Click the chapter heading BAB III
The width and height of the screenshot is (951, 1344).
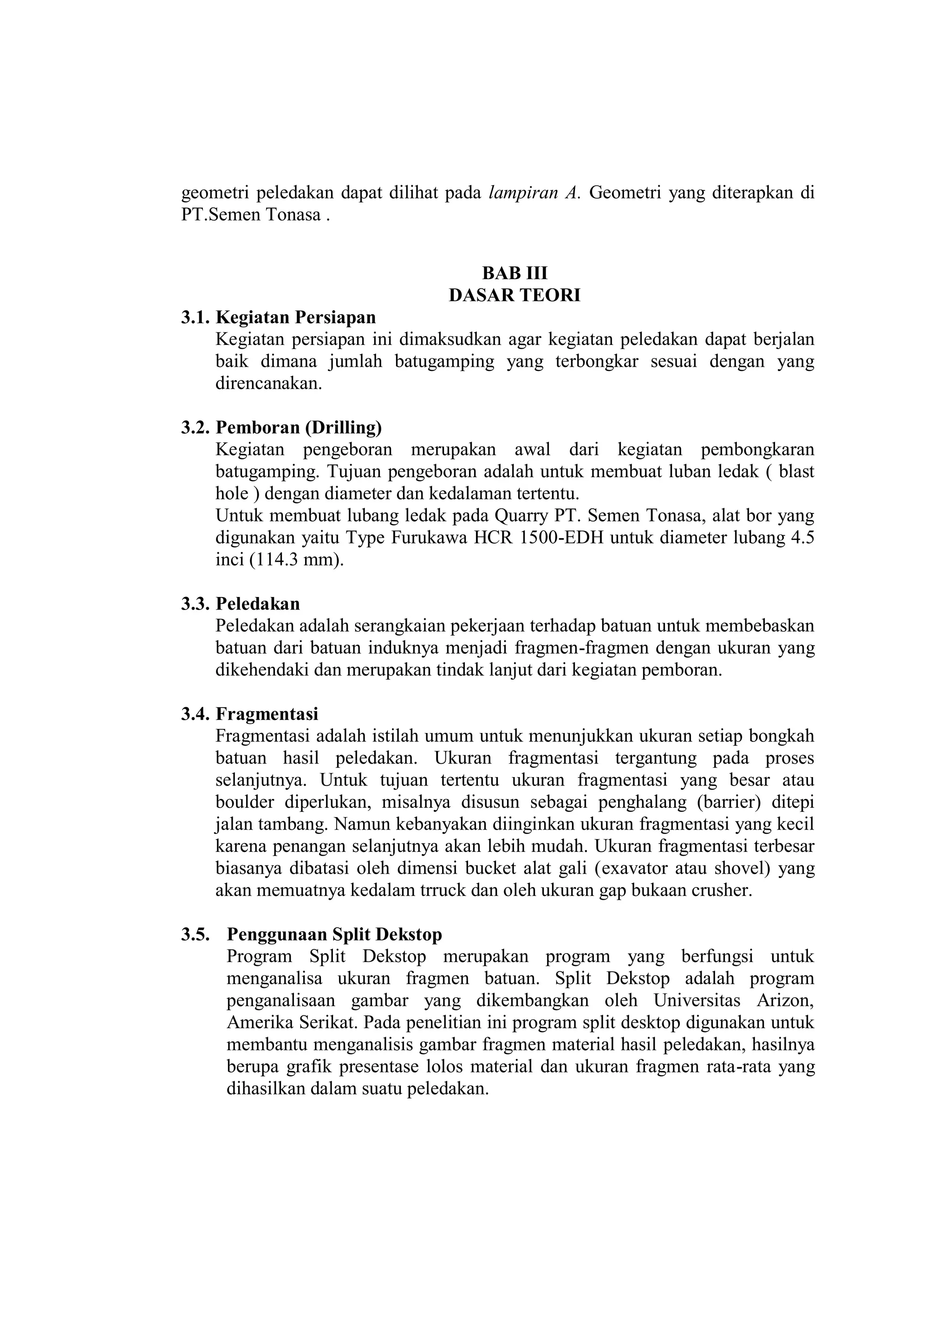tap(514, 273)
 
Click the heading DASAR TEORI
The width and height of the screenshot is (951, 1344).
tap(514, 296)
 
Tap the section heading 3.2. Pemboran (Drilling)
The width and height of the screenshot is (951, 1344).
tap(281, 428)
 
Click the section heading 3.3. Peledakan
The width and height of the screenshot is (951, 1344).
tap(240, 604)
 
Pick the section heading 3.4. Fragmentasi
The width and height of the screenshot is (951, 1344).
tap(249, 714)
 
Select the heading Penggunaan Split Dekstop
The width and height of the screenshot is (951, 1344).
tap(334, 934)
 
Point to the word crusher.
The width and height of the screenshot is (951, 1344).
tap(722, 890)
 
